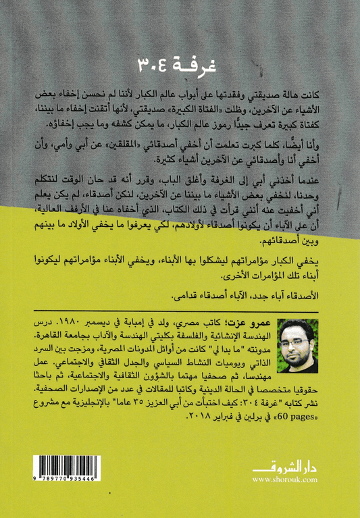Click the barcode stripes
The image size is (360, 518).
(x=66, y=470)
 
